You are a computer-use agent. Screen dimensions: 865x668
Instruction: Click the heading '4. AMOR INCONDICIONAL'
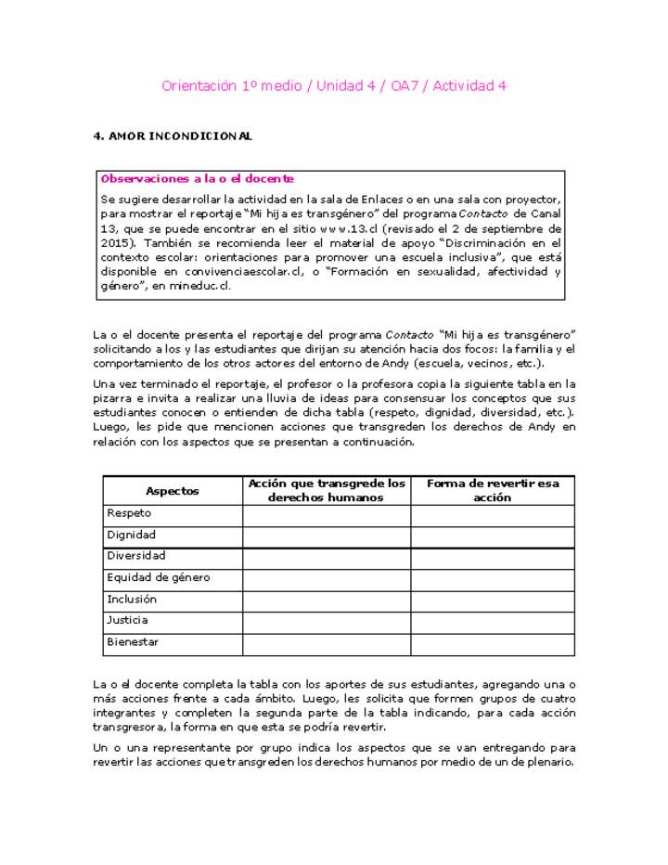click(x=173, y=136)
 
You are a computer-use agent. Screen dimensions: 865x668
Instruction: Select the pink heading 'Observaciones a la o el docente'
click(x=197, y=178)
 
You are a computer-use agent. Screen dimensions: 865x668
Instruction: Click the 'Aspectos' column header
click(x=173, y=491)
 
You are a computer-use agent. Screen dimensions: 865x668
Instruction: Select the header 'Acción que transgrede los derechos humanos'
click(x=326, y=490)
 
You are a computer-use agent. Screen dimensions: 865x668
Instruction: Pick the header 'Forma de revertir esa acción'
click(x=492, y=490)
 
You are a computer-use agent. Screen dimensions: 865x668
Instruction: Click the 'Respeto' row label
click(x=129, y=513)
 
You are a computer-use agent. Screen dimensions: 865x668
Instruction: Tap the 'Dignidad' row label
click(x=132, y=535)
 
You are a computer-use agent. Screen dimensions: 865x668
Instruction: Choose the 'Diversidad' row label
click(x=136, y=556)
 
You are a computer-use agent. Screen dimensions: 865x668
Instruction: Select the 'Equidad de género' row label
click(x=158, y=577)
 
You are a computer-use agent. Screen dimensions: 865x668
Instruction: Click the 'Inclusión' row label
click(x=132, y=599)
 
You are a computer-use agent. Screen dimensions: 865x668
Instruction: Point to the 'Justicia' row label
click(x=127, y=620)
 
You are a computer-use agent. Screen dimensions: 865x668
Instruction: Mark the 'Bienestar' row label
click(x=133, y=641)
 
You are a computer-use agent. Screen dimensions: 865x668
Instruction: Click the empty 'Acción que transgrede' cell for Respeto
click(x=326, y=514)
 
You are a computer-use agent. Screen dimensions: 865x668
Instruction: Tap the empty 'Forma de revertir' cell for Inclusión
click(x=492, y=600)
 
